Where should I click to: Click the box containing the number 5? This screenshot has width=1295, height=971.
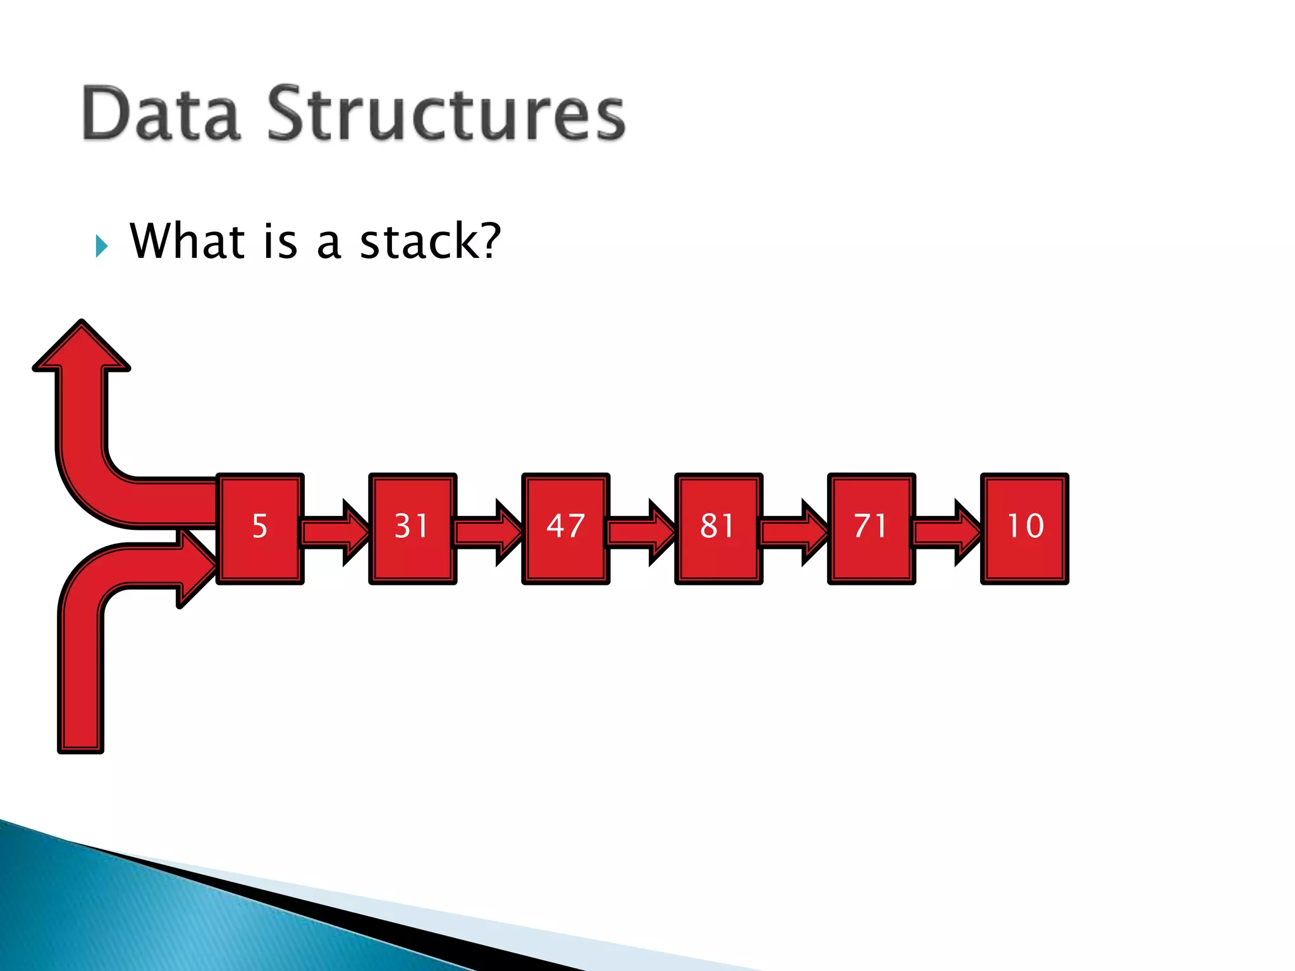[x=260, y=528]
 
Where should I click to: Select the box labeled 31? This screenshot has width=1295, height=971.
[x=412, y=528]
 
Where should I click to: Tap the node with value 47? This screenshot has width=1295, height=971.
[x=565, y=528]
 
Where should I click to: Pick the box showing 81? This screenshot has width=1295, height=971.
[x=718, y=528]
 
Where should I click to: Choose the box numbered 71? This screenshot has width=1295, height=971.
[x=871, y=528]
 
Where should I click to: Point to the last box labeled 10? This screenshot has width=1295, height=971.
[x=1024, y=528]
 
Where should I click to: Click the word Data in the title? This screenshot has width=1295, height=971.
[x=161, y=114]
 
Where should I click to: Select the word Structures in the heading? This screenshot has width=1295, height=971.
[x=446, y=114]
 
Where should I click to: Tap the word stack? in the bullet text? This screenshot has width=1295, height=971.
[x=430, y=241]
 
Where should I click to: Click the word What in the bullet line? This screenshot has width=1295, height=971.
[x=187, y=241]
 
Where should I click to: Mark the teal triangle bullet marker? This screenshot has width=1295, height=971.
[x=102, y=246]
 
